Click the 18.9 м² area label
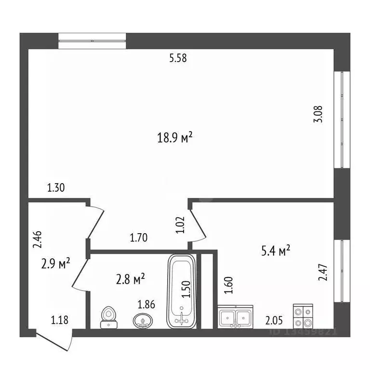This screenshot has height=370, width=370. point(175,138)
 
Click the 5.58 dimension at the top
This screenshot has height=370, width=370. point(178,59)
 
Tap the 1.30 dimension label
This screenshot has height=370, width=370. point(56,188)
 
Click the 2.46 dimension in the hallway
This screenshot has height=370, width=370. point(37,239)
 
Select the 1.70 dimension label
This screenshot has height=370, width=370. point(139,237)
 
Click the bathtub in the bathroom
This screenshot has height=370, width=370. point(182,291)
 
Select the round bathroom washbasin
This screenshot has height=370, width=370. point(142,320)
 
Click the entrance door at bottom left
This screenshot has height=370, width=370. point(54,340)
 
